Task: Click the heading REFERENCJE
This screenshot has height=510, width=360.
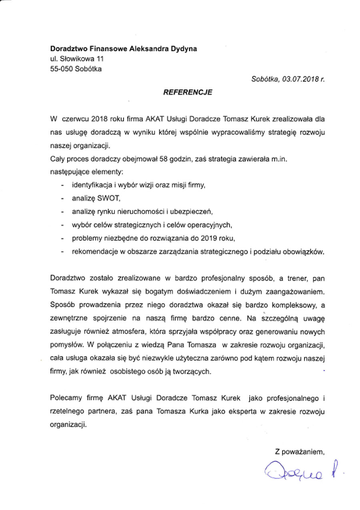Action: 187,92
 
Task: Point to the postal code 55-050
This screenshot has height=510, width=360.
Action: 61,68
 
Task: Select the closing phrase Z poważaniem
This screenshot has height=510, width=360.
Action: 299,452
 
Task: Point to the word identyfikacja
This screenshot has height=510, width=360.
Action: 94,185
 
